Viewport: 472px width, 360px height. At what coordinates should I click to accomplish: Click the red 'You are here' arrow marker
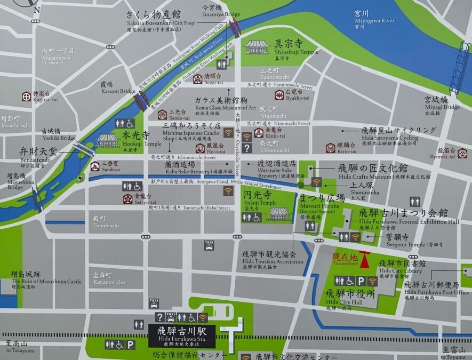pos(365,260)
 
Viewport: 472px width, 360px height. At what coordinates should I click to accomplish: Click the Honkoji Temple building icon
pos(108,140)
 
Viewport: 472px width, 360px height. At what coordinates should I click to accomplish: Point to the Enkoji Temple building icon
pos(279,213)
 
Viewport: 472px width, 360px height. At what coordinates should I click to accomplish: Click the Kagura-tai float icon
pos(26,96)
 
